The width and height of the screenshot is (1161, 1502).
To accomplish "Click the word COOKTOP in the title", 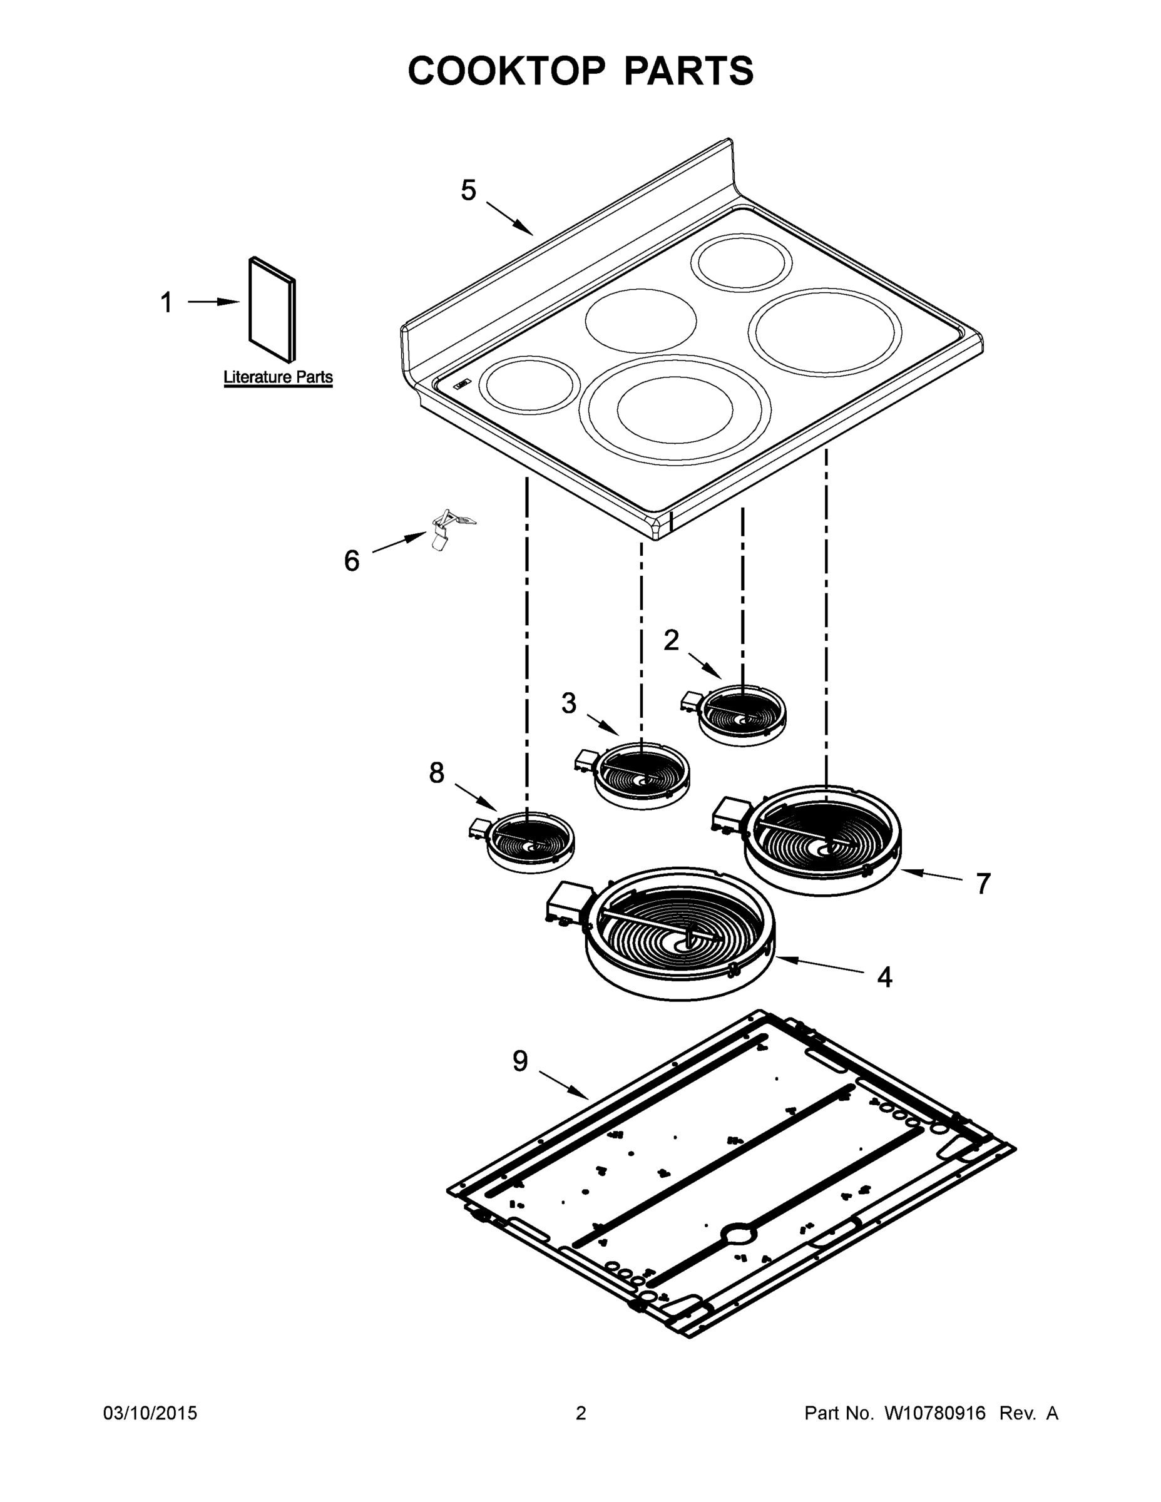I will (507, 71).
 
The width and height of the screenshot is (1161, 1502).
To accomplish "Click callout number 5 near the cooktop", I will (468, 190).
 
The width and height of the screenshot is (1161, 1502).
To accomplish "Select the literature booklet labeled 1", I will (272, 310).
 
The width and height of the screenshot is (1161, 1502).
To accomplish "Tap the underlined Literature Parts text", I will (278, 377).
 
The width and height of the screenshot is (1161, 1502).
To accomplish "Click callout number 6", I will (352, 561).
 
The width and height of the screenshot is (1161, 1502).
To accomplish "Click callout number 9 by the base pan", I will (520, 1061).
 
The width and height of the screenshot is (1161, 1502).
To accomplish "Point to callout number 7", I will (983, 884).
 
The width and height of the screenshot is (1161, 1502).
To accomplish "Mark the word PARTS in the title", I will (688, 71).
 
